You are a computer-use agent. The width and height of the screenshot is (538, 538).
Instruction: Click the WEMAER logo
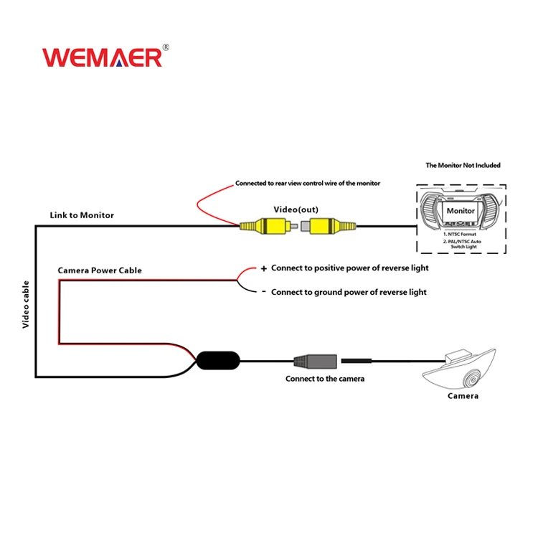pos(102,57)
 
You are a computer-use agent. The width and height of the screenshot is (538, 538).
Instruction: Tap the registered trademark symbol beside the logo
pos(166,47)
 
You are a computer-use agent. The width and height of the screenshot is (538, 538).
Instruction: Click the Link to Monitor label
pos(82,215)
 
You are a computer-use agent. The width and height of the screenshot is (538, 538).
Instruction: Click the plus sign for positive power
pos(263,268)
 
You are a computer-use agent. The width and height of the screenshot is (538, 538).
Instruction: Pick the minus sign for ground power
pos(263,291)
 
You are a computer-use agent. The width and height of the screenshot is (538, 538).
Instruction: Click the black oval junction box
pos(219,359)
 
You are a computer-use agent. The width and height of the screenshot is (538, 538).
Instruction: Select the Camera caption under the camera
pos(463,396)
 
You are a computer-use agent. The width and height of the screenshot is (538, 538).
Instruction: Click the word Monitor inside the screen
pos(461,211)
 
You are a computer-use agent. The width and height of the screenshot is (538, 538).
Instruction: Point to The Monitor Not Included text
pos(463,165)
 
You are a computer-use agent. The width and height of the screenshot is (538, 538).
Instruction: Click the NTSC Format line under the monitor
pos(461,234)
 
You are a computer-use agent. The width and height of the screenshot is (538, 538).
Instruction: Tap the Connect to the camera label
pos(325,378)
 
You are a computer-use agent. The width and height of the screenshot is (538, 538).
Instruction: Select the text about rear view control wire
pos(308,183)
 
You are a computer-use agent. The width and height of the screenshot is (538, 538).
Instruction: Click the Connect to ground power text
pos(349,292)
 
